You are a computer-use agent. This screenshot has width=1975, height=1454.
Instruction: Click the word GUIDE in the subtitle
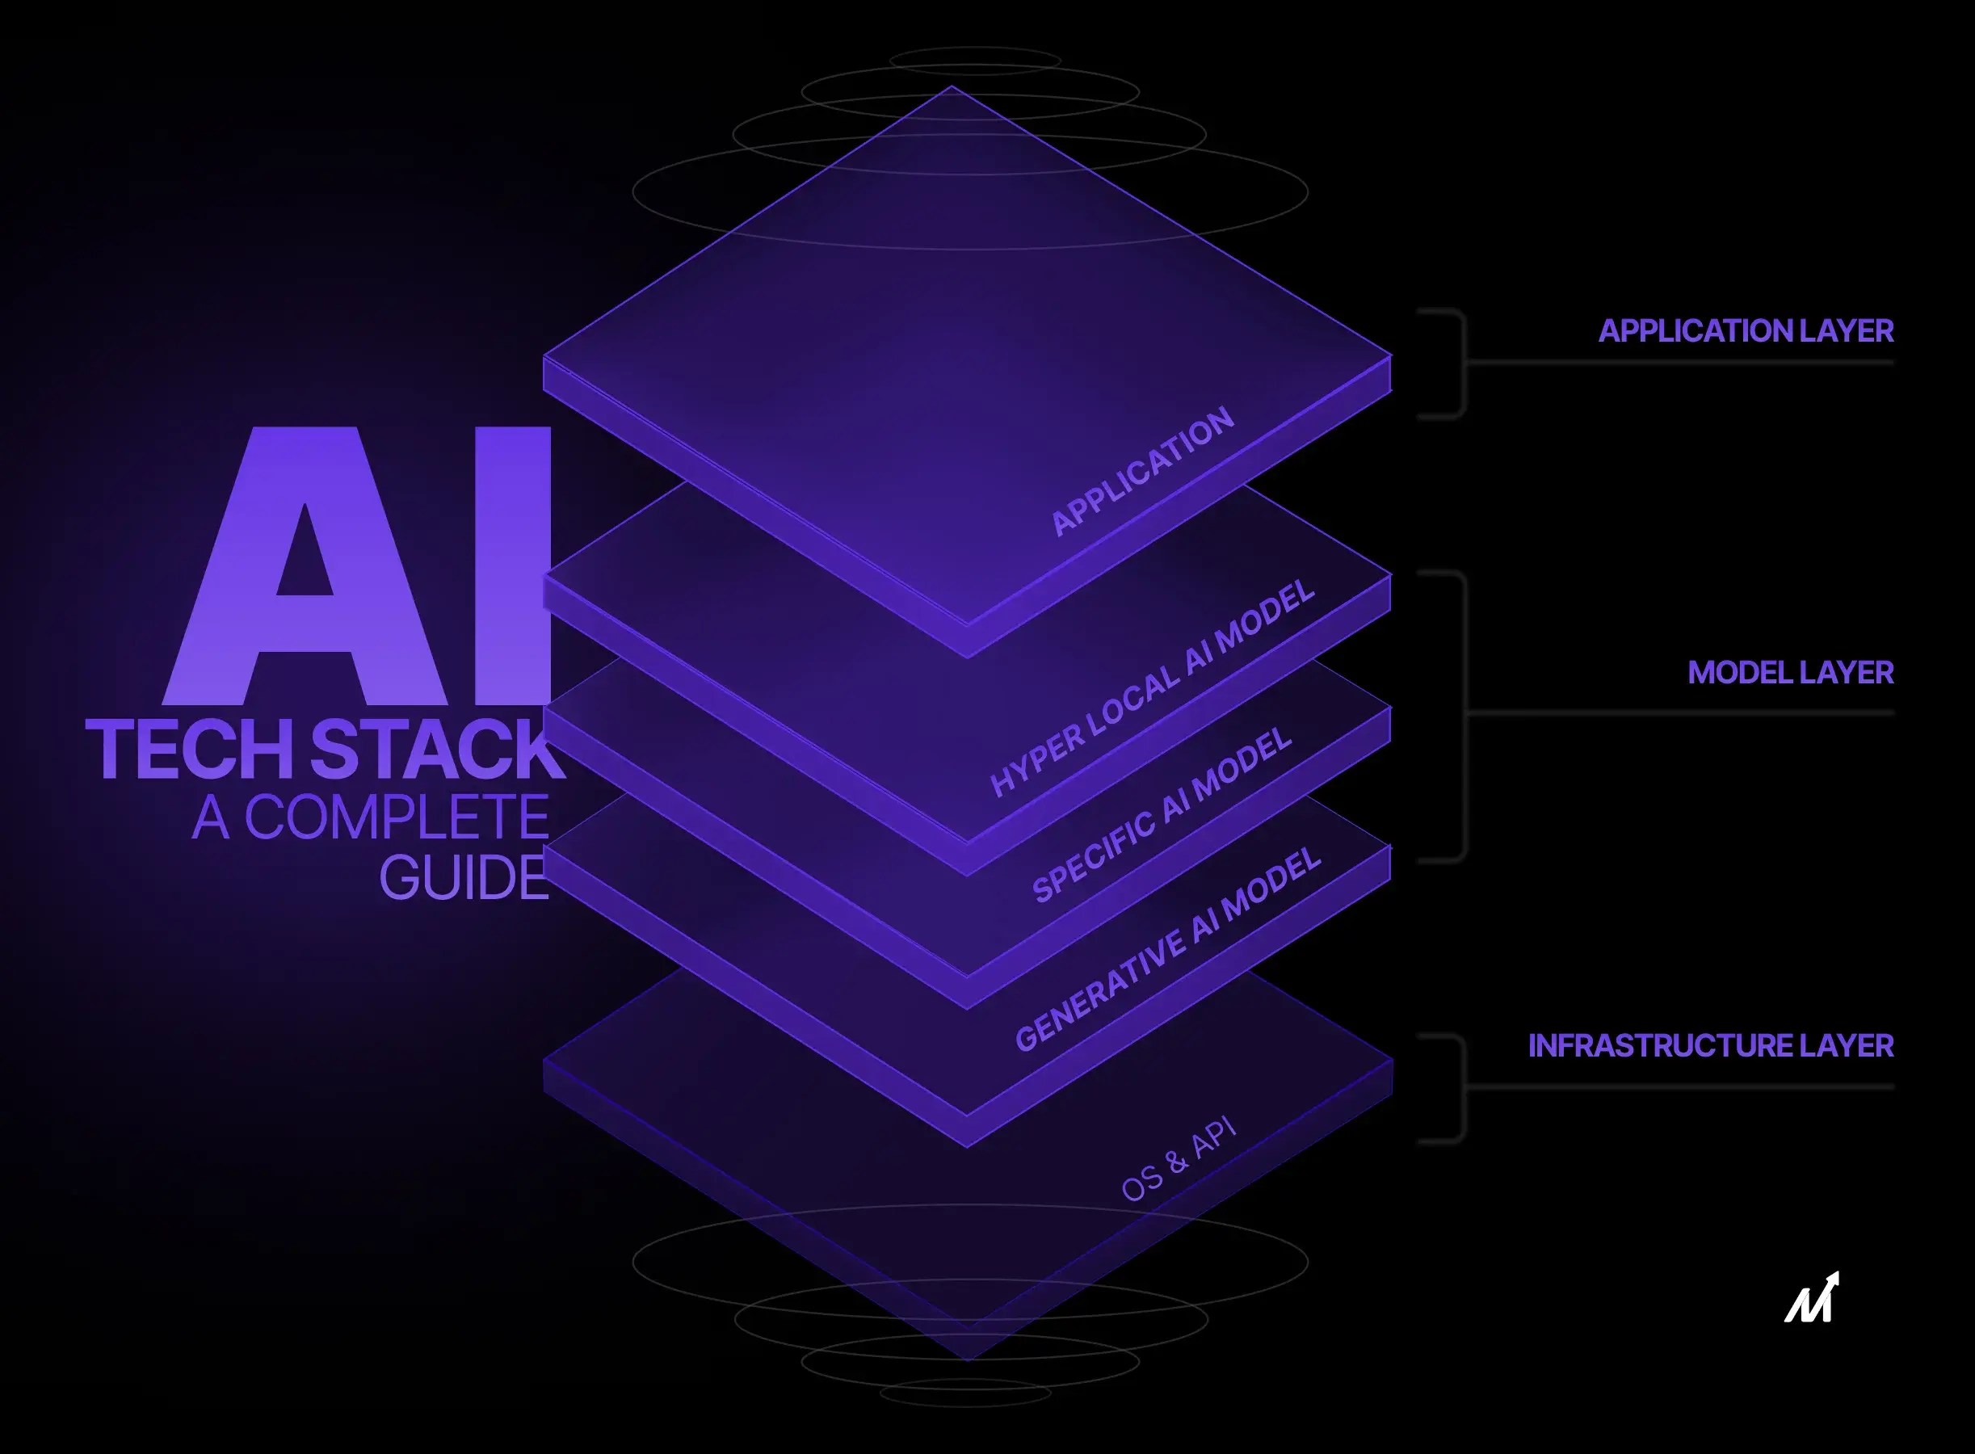(x=464, y=878)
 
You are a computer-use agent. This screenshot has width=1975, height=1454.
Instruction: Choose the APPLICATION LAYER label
(x=1746, y=331)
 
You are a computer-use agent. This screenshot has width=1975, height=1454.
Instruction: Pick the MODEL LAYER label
(x=1790, y=672)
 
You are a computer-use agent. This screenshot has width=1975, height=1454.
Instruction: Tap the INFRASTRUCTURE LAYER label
(x=1710, y=1045)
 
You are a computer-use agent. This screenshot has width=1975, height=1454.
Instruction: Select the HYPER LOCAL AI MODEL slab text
(x=1153, y=687)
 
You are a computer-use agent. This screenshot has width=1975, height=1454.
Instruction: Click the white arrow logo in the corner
(x=1812, y=1298)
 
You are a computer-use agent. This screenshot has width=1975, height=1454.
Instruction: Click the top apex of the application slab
(x=952, y=89)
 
